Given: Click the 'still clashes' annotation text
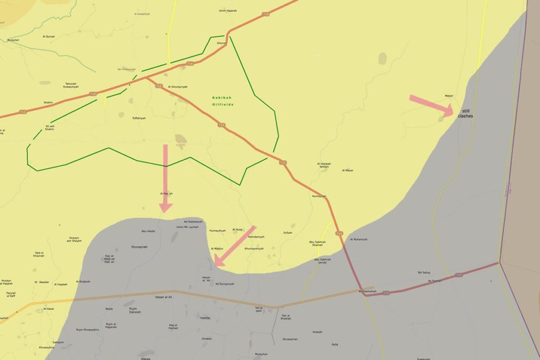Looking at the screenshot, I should click(x=465, y=113).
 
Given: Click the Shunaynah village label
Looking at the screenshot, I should click(x=139, y=247).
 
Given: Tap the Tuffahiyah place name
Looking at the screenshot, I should click(x=139, y=118).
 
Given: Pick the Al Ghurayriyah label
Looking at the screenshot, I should click(x=178, y=87).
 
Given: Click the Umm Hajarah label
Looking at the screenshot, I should click(x=227, y=11).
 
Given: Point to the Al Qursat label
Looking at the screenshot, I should click(x=49, y=36).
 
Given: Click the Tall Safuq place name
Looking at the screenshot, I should click(x=423, y=272).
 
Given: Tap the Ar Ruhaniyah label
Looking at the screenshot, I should click(x=360, y=239).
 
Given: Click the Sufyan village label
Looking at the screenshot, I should click(x=288, y=233).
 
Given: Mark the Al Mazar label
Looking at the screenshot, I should click(x=348, y=171).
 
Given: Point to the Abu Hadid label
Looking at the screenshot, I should click(x=148, y=231).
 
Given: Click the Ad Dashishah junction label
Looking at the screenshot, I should click(x=367, y=291).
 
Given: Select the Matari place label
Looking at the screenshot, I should click(x=448, y=96).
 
